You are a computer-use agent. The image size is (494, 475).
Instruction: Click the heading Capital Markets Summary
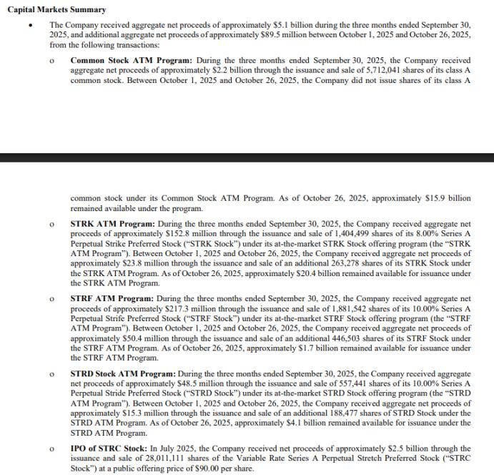click(x=56, y=9)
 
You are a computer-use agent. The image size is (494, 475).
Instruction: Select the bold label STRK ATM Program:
click(x=107, y=225)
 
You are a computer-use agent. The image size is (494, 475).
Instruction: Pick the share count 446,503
click(x=307, y=338)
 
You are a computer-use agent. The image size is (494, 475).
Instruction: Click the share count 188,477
click(x=307, y=413)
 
